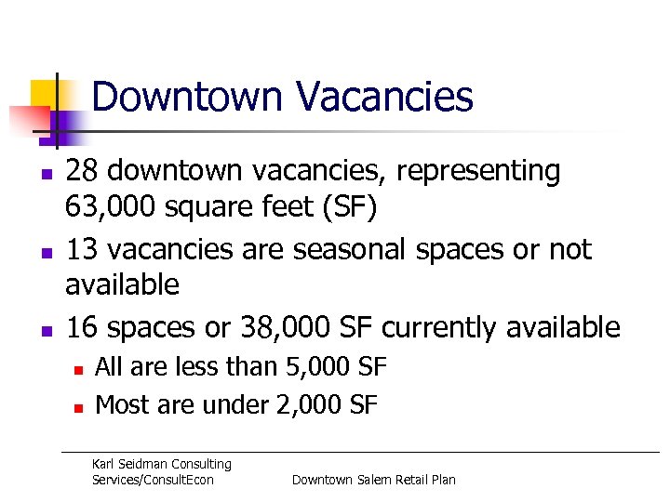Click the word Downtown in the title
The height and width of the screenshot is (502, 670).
pos(186,97)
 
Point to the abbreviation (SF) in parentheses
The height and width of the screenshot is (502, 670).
pos(345,206)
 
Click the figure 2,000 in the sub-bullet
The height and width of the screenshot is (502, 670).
pos(310,404)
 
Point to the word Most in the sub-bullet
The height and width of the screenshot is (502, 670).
pos(117,404)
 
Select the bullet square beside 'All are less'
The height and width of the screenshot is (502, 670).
pos(79,369)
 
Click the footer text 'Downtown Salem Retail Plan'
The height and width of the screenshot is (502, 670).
pos(374,480)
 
